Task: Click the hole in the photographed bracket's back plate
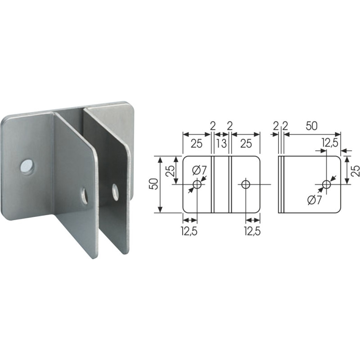27,166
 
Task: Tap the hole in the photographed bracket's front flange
84,195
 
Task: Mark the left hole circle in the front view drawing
197,184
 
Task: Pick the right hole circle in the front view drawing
245,184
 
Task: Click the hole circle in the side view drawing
327,184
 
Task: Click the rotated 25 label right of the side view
355,170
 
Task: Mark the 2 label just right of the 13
229,126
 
